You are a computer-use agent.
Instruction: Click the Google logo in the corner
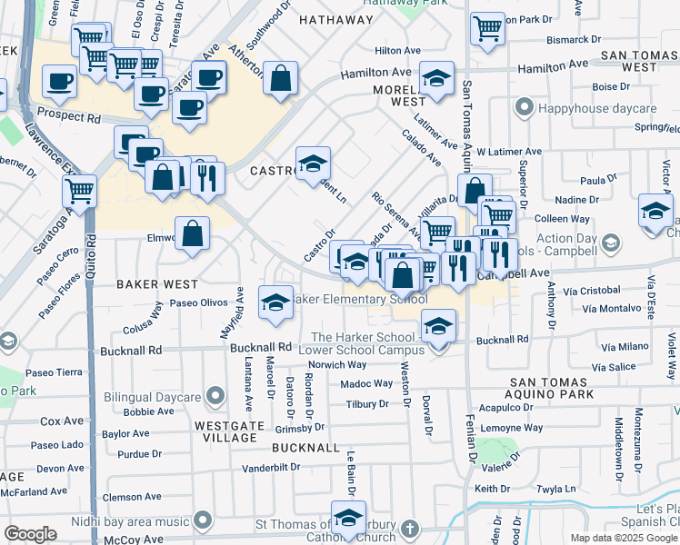tap(30, 534)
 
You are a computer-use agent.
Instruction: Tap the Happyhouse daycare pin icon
tap(523, 109)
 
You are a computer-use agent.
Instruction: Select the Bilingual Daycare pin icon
tap(215, 395)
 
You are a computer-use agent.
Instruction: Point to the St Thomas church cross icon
tap(410, 527)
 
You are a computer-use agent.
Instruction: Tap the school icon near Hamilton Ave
tap(437, 80)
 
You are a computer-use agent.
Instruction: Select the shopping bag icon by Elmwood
tap(193, 234)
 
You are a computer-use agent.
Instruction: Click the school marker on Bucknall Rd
tap(438, 327)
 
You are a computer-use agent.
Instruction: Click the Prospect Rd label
tap(69, 118)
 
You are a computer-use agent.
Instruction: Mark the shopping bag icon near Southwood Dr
tap(280, 78)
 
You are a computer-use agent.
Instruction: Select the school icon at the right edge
tap(655, 213)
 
